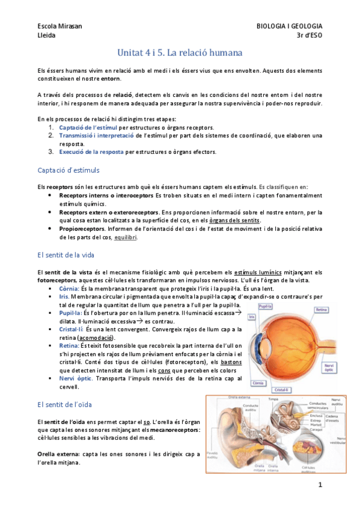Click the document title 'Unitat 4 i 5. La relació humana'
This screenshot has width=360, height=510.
tap(180, 52)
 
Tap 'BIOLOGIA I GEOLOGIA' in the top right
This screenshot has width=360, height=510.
tap(289, 26)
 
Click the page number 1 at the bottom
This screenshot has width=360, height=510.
tap(320, 485)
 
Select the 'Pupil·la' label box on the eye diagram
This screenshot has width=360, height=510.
tap(267, 307)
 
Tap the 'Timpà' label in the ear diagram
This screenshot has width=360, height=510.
tap(272, 399)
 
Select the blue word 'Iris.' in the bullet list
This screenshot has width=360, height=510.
tap(65, 296)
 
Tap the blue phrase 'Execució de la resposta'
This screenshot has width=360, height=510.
tap(91, 152)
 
